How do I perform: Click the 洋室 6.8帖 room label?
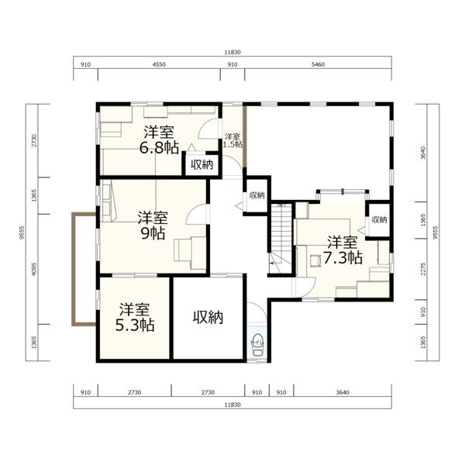click(x=159, y=140)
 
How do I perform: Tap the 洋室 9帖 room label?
click(x=153, y=226)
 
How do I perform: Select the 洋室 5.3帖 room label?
click(x=135, y=317)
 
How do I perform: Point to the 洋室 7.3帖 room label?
click(x=343, y=250)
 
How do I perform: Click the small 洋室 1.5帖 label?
click(x=232, y=140)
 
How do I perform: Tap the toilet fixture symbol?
click(x=257, y=344)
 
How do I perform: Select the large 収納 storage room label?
click(x=208, y=318)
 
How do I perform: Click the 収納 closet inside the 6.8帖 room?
click(x=201, y=164)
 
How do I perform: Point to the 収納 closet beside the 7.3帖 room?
click(x=379, y=220)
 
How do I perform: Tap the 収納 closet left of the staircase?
click(x=257, y=195)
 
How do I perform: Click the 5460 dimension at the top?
click(x=318, y=64)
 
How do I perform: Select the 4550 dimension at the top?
click(x=159, y=64)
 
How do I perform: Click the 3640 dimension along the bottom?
click(x=343, y=392)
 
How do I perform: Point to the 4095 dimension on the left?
click(x=34, y=269)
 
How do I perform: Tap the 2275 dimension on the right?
click(x=423, y=269)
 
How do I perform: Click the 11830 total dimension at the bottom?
click(x=232, y=405)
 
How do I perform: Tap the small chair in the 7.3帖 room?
click(x=315, y=261)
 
